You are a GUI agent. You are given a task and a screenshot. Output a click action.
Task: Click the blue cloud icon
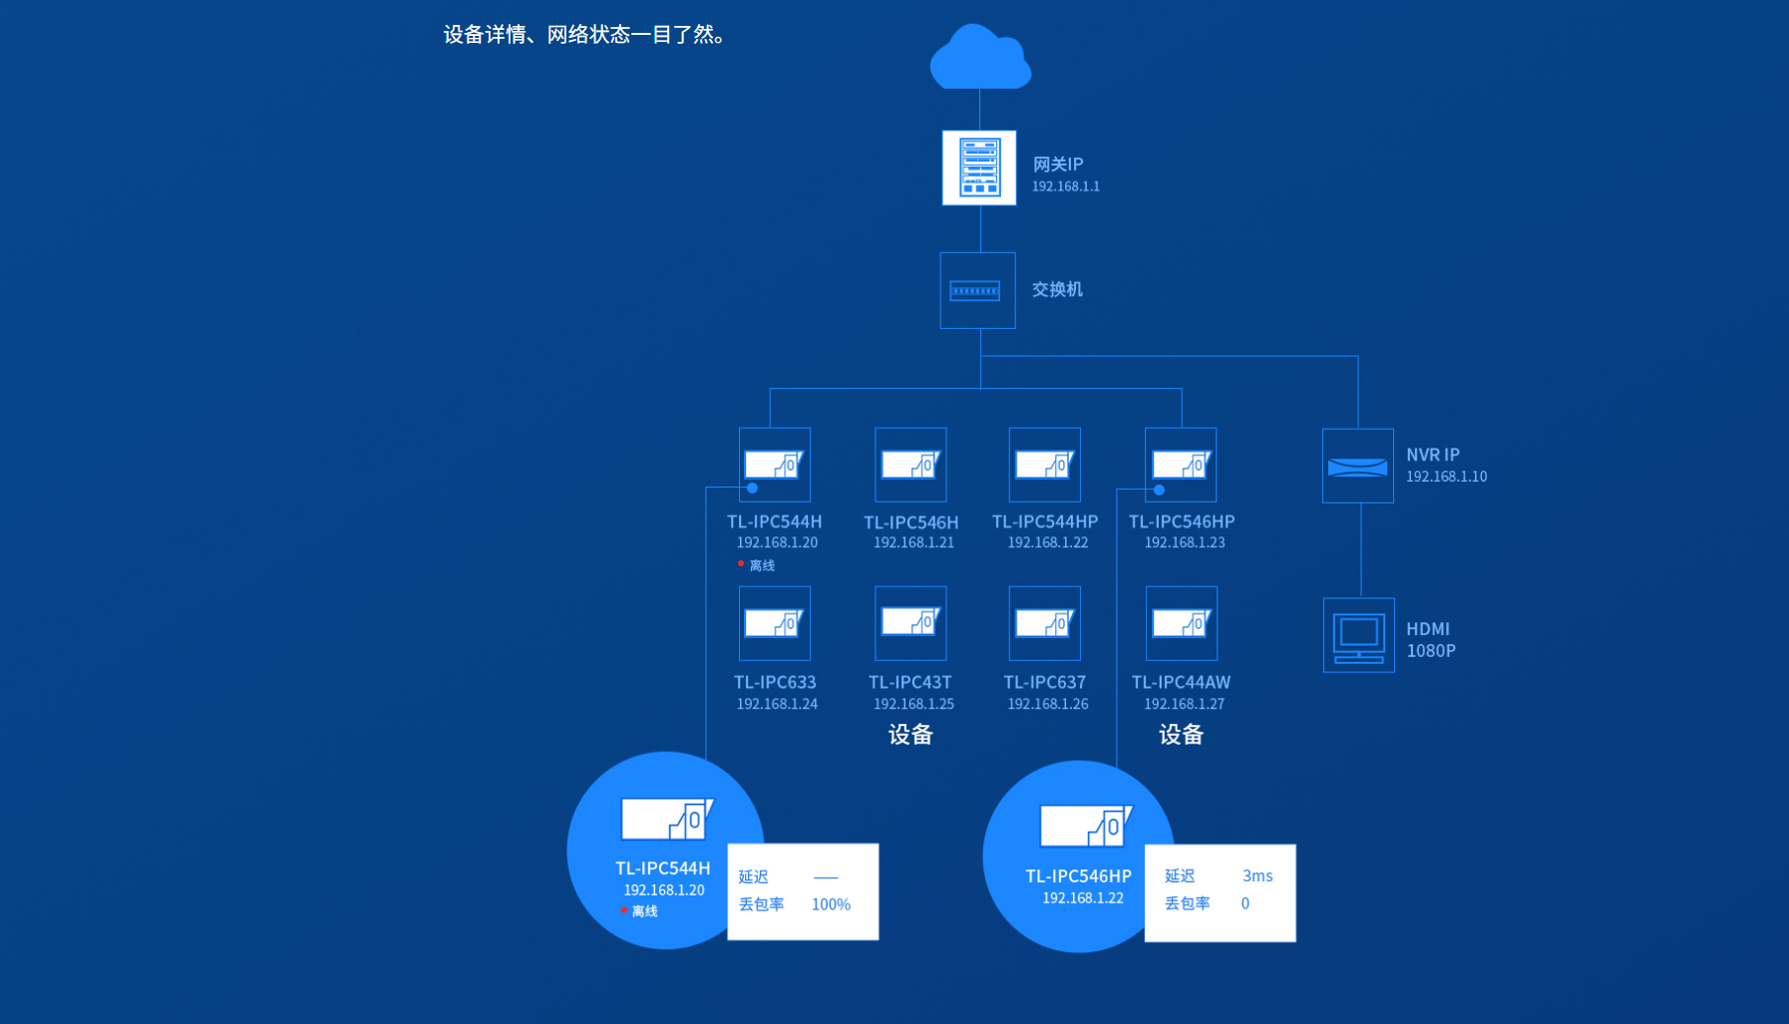coord(979,59)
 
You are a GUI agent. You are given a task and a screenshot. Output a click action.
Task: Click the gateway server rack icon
coord(979,168)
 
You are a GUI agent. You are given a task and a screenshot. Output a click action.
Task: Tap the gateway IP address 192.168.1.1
coord(1065,186)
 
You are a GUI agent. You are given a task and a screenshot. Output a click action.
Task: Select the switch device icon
coord(976,290)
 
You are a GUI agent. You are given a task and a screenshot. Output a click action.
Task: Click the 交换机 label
coord(1057,289)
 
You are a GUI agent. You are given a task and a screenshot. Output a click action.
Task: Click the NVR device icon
coord(1357,466)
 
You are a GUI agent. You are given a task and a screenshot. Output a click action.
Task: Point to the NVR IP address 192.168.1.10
coord(1446,477)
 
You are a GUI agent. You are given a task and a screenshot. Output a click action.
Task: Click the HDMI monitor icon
coord(1358,635)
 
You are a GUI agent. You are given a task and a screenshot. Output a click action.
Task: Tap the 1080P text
coord(1431,651)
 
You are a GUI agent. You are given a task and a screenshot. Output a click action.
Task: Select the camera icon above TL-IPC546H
coord(910,465)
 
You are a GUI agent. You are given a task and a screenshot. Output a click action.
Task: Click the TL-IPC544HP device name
coord(1045,521)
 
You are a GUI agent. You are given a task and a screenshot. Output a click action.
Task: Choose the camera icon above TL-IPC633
coord(774,623)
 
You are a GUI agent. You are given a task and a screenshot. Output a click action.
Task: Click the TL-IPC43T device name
coord(910,682)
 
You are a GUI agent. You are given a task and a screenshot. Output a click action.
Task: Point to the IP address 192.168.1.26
coord(1047,704)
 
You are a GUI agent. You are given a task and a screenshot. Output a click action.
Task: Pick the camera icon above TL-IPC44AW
coord(1181,623)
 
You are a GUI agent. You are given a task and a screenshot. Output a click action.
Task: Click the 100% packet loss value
coord(831,904)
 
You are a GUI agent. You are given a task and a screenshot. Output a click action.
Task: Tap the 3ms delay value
coord(1257,875)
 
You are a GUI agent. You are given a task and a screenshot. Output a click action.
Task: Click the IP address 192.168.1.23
coord(1184,542)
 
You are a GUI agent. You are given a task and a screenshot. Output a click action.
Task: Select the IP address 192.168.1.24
coord(777,704)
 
